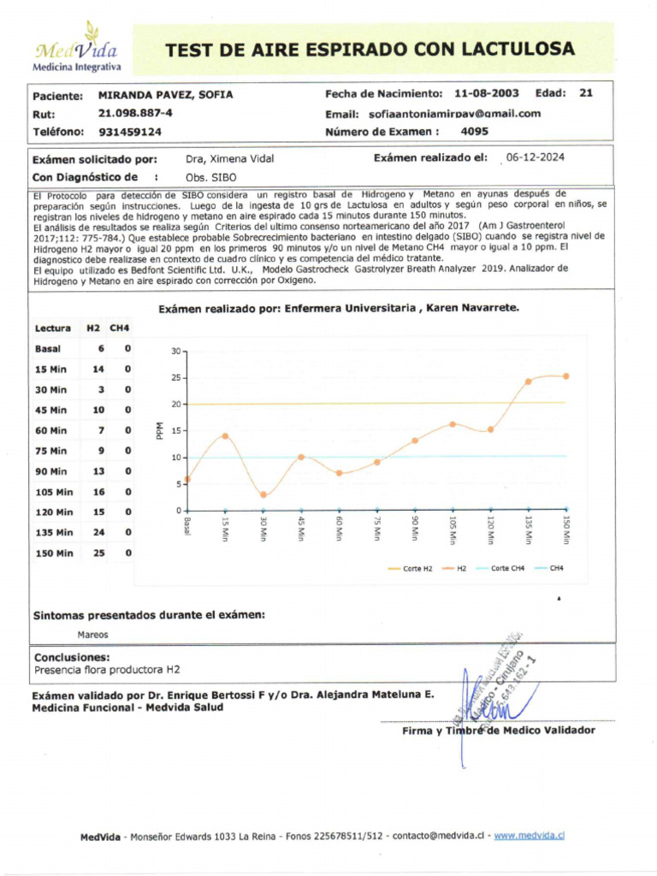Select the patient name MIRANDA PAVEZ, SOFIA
165,95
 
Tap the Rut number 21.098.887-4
135,114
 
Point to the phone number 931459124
130,133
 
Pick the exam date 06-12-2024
535,157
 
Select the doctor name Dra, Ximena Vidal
229,158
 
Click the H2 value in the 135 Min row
98,532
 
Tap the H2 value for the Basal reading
101,348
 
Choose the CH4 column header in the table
120,328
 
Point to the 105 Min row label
53,492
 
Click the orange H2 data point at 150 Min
565,376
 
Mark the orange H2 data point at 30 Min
263,494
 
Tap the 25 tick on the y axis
175,377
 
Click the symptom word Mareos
92,635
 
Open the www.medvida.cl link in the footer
530,836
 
